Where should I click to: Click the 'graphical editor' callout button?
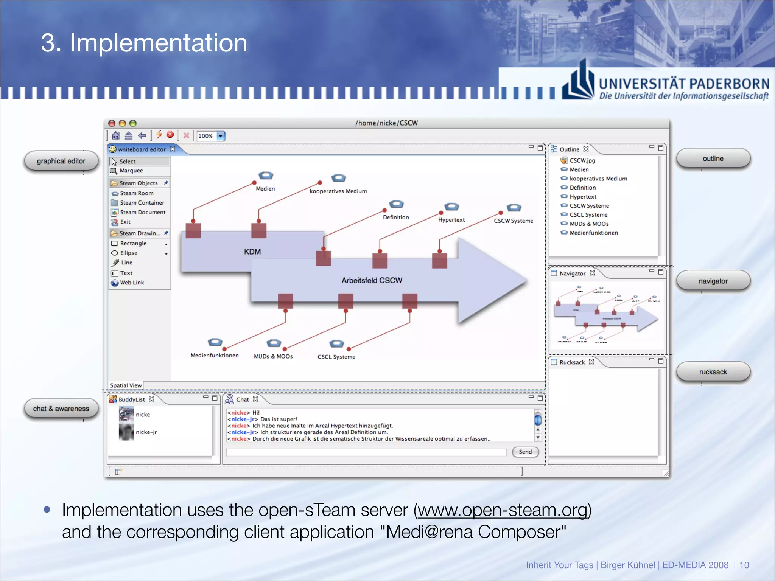[61, 161]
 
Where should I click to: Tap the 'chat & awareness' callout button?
[61, 409]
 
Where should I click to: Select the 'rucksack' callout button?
[713, 372]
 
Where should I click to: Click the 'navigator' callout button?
[713, 281]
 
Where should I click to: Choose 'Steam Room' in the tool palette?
[136, 193]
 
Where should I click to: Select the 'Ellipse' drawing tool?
[129, 253]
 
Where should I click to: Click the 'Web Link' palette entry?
[132, 283]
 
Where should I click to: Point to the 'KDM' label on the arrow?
[252, 252]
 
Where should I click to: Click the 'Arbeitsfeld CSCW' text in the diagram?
[372, 280]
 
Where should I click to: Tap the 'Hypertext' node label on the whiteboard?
[451, 220]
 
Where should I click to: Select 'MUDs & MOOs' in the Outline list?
[589, 224]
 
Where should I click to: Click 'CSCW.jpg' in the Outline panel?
[582, 160]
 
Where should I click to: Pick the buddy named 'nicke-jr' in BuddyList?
[146, 432]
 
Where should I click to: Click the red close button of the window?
[112, 123]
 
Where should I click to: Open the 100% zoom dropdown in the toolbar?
[221, 136]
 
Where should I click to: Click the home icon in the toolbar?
[116, 135]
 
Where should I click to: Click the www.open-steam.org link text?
[502, 510]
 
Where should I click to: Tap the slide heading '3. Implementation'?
[144, 42]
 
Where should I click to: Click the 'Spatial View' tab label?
[126, 385]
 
